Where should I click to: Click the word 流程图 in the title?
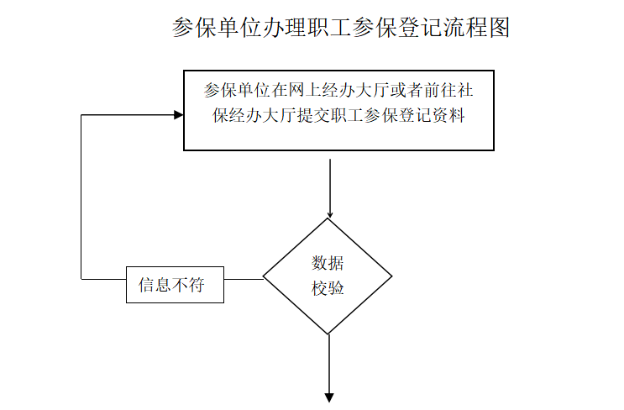(x=476, y=28)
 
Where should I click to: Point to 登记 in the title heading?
(x=420, y=28)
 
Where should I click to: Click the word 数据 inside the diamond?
(x=328, y=263)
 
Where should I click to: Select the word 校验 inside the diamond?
(x=328, y=288)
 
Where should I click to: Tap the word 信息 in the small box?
(x=155, y=285)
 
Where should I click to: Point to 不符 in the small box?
(x=188, y=285)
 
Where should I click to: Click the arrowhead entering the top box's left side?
(x=179, y=115)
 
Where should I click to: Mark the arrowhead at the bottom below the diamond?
(x=329, y=397)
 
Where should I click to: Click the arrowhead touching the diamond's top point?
(x=329, y=215)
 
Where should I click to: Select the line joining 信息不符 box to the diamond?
(x=244, y=279)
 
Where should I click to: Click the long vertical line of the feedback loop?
(x=81, y=197)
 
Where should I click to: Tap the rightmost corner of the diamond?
(x=392, y=276)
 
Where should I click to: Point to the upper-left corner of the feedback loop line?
(x=81, y=115)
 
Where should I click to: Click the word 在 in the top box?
(x=281, y=90)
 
